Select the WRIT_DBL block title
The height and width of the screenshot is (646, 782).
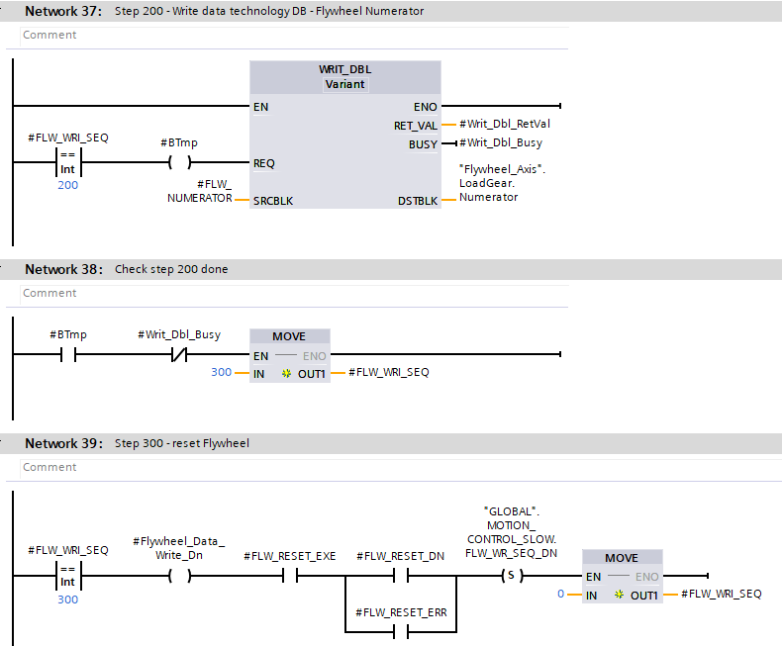pos(344,69)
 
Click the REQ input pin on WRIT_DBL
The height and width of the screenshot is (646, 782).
pos(264,163)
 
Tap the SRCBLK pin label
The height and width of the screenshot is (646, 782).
pos(272,200)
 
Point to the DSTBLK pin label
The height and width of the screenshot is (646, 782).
pos(417,200)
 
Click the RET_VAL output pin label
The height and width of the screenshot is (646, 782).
pos(416,126)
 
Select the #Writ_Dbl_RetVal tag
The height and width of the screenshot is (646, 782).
pos(505,125)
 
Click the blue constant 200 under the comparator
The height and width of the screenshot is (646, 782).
pos(67,185)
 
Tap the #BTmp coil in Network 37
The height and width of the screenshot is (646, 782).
pos(178,163)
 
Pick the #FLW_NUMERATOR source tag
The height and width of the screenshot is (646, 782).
pos(200,191)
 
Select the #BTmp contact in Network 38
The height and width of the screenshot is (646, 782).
pos(67,355)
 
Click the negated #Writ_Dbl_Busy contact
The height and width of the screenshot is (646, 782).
pos(178,355)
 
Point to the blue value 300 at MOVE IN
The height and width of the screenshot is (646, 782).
pos(221,372)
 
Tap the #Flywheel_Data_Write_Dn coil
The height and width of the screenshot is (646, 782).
pos(178,576)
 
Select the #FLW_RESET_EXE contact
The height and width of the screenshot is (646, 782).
pos(290,576)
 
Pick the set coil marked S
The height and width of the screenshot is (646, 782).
pos(510,576)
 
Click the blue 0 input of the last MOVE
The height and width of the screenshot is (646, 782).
pos(560,594)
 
